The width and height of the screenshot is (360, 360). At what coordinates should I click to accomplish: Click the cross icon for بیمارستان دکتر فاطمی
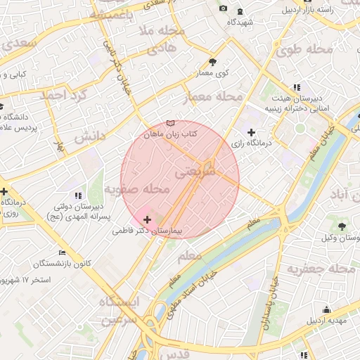[146, 221]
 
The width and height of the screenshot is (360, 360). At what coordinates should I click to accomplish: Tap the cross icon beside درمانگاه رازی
[251, 132]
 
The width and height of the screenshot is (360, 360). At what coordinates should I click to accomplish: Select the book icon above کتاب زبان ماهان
[169, 123]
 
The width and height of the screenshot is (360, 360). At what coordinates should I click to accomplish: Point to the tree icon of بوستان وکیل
[342, 226]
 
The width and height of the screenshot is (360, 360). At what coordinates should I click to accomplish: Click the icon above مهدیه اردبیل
[326, 309]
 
